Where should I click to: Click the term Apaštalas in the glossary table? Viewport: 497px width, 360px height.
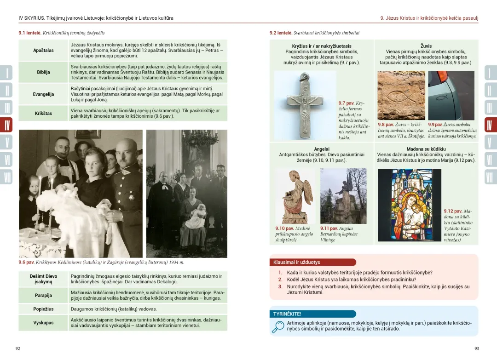(x=43, y=50)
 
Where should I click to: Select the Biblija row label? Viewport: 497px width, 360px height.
(x=43, y=72)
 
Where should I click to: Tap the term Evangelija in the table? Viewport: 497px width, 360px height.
(x=43, y=94)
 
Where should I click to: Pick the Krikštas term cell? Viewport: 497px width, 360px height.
(x=43, y=113)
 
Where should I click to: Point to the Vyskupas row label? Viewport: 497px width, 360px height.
(x=43, y=323)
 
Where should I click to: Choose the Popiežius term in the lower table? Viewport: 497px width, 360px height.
(x=43, y=309)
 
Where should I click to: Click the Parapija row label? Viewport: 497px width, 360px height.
(x=43, y=295)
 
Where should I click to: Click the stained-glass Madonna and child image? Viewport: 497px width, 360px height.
(x=409, y=205)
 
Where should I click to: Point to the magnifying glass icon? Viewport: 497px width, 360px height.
(x=277, y=326)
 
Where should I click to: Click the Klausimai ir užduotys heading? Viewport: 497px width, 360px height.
(x=296, y=263)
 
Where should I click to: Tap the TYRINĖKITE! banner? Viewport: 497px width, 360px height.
(x=287, y=314)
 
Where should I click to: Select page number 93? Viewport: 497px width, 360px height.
(x=476, y=349)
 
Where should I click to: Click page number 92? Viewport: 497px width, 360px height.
(x=18, y=349)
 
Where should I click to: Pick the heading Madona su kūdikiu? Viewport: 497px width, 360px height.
(x=426, y=149)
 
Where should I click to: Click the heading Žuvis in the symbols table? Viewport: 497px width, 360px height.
(x=426, y=46)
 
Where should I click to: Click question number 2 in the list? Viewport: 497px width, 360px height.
(x=280, y=280)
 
